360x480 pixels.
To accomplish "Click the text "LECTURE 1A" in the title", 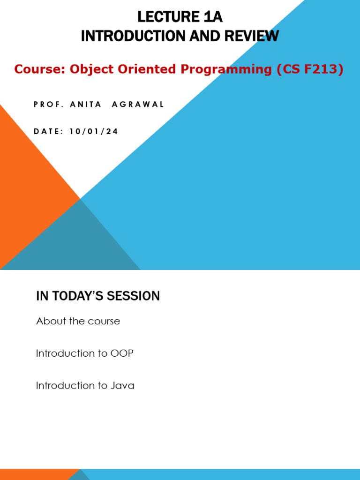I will pos(180,17).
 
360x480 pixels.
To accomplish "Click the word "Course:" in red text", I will pos(40,69).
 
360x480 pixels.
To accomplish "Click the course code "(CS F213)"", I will pos(310,69).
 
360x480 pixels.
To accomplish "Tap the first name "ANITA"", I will pos(86,105).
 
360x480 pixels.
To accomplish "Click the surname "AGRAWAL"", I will pos(138,105).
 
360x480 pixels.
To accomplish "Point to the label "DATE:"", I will pos(48,132).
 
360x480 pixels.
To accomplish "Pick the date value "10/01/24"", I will pos(94,132).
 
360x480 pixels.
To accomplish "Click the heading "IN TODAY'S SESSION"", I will pos(98,296).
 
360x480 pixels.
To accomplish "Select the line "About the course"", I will pos(78,321).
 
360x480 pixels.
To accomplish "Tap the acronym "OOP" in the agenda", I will pos(122,353).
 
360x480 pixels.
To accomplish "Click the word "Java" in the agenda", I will pos(122,386).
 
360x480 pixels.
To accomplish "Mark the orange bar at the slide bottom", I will pos(37,474).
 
